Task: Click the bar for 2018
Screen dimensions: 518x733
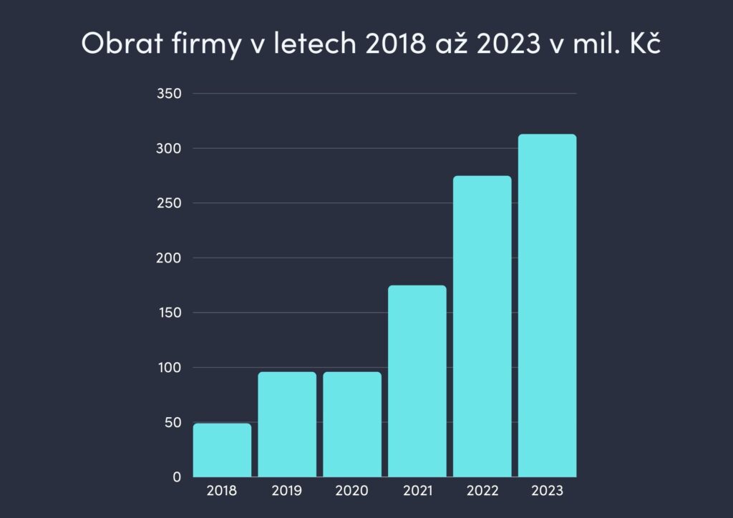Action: pyautogui.click(x=222, y=450)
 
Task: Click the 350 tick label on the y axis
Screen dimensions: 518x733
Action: pyautogui.click(x=169, y=94)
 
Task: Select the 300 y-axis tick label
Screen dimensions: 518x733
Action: pyautogui.click(x=169, y=148)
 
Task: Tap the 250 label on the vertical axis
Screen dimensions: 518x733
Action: pyautogui.click(x=169, y=203)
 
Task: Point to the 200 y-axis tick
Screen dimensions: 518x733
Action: pyautogui.click(x=169, y=258)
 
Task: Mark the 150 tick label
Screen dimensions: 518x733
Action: pyautogui.click(x=169, y=313)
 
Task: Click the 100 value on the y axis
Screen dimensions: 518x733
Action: pyautogui.click(x=169, y=367)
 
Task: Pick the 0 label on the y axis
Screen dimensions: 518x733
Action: pyautogui.click(x=177, y=477)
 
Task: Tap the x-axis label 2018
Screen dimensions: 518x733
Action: pyautogui.click(x=222, y=491)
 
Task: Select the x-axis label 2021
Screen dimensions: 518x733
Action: pyautogui.click(x=417, y=491)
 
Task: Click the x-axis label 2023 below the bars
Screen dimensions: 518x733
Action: pyautogui.click(x=548, y=491)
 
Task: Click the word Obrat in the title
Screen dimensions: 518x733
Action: pyautogui.click(x=117, y=44)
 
